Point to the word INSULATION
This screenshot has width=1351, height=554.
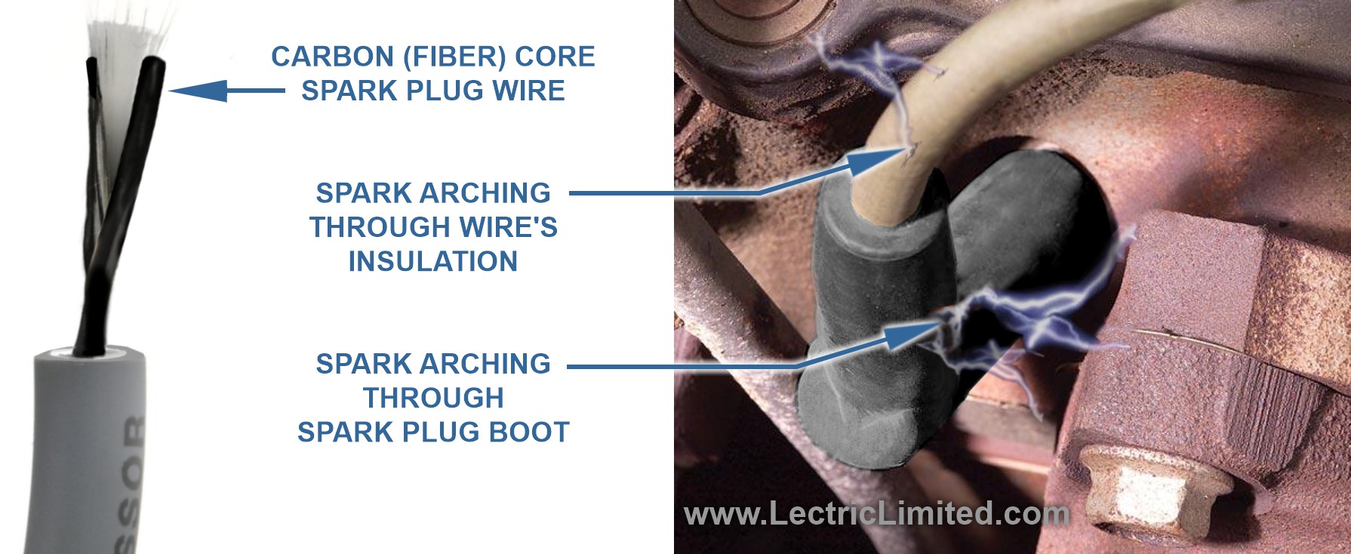[433, 262]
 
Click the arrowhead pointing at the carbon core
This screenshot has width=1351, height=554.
[198, 91]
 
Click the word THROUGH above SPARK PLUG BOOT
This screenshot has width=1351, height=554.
[433, 399]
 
